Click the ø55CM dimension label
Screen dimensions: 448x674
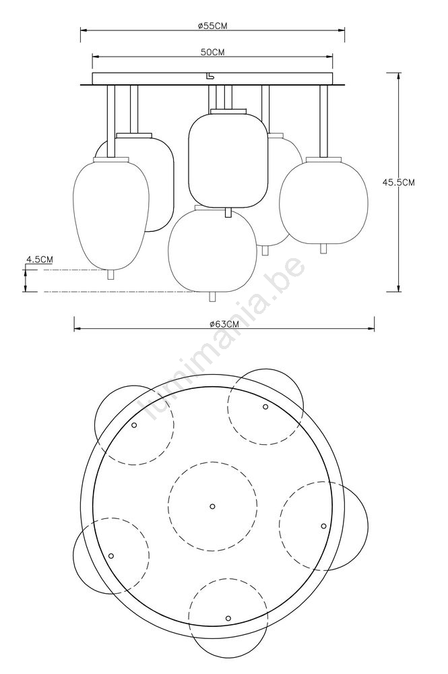[213, 26]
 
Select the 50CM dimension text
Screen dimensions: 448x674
[213, 52]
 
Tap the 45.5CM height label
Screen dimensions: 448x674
[399, 182]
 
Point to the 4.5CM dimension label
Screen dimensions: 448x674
[40, 259]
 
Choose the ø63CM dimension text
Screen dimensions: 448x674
[224, 324]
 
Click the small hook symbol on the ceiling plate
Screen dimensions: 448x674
[210, 75]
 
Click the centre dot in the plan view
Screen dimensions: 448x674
[212, 506]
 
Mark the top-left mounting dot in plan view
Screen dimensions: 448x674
[134, 425]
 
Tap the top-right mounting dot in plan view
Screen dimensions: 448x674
[265, 406]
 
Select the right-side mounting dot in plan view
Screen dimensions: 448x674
[323, 526]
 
